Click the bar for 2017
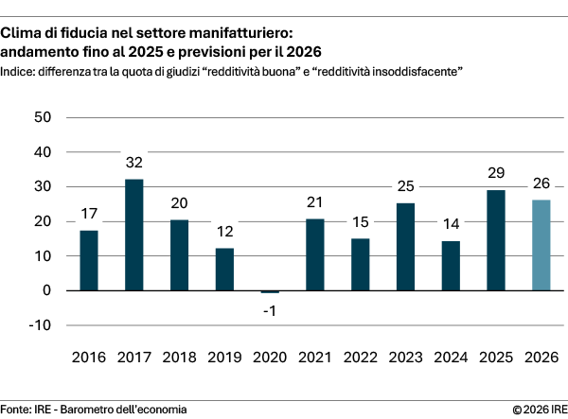[133, 235]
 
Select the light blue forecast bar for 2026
[541, 245]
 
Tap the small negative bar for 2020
[270, 292]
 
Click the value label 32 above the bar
[133, 163]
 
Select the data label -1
[270, 310]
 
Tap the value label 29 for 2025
[496, 173]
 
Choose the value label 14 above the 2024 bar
[451, 224]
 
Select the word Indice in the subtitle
[18, 72]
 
